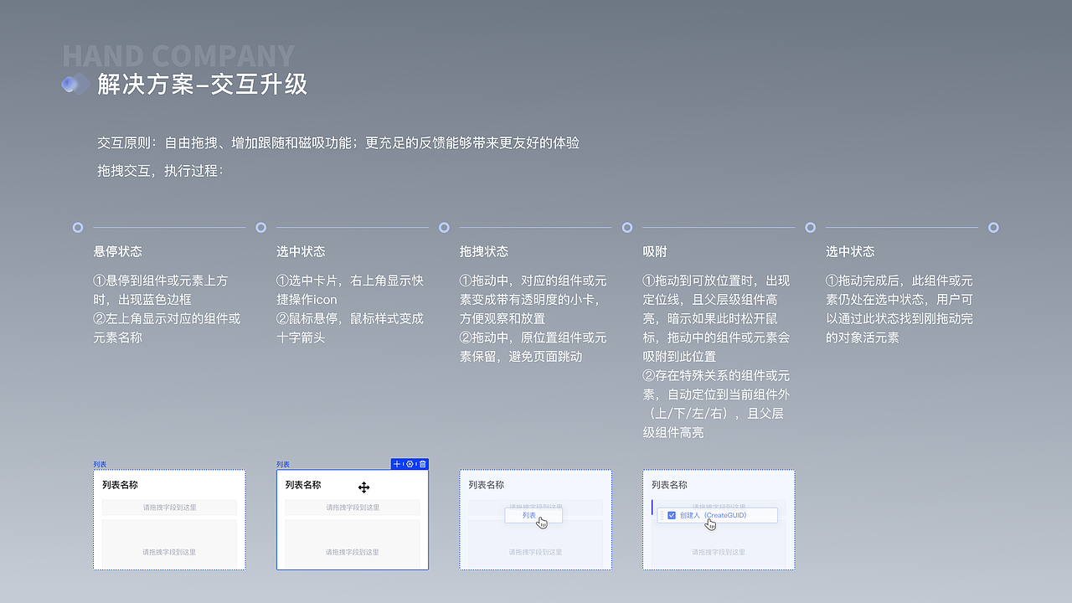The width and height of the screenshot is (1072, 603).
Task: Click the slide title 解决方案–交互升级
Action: [x=203, y=85]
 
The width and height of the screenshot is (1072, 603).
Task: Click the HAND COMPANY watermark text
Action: [x=178, y=56]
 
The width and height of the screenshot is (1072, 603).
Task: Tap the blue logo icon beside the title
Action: [x=75, y=84]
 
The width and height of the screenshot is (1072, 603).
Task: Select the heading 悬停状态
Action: [x=118, y=251]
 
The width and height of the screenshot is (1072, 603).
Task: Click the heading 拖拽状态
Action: [x=484, y=251]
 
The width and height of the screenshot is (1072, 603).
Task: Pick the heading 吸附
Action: [x=655, y=251]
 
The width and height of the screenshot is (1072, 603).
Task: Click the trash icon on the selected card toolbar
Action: [x=423, y=464]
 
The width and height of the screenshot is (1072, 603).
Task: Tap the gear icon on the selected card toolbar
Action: [x=410, y=464]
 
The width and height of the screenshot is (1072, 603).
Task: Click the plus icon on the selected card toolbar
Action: [x=397, y=464]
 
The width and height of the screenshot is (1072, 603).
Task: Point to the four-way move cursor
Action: [x=363, y=487]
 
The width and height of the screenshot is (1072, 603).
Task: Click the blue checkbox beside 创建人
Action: [x=672, y=515]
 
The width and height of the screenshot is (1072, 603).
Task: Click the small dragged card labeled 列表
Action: [x=529, y=515]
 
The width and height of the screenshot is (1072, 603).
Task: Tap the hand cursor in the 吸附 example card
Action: [x=711, y=524]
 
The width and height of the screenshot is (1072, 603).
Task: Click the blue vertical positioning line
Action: [x=652, y=508]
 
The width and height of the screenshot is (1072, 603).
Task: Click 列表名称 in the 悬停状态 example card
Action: [x=120, y=485]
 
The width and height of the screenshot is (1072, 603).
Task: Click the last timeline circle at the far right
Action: [x=993, y=227]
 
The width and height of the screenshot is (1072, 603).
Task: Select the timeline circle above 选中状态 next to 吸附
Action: [x=810, y=227]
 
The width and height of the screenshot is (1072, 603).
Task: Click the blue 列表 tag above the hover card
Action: [x=100, y=464]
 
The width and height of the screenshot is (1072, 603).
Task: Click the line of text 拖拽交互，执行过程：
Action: [x=160, y=171]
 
